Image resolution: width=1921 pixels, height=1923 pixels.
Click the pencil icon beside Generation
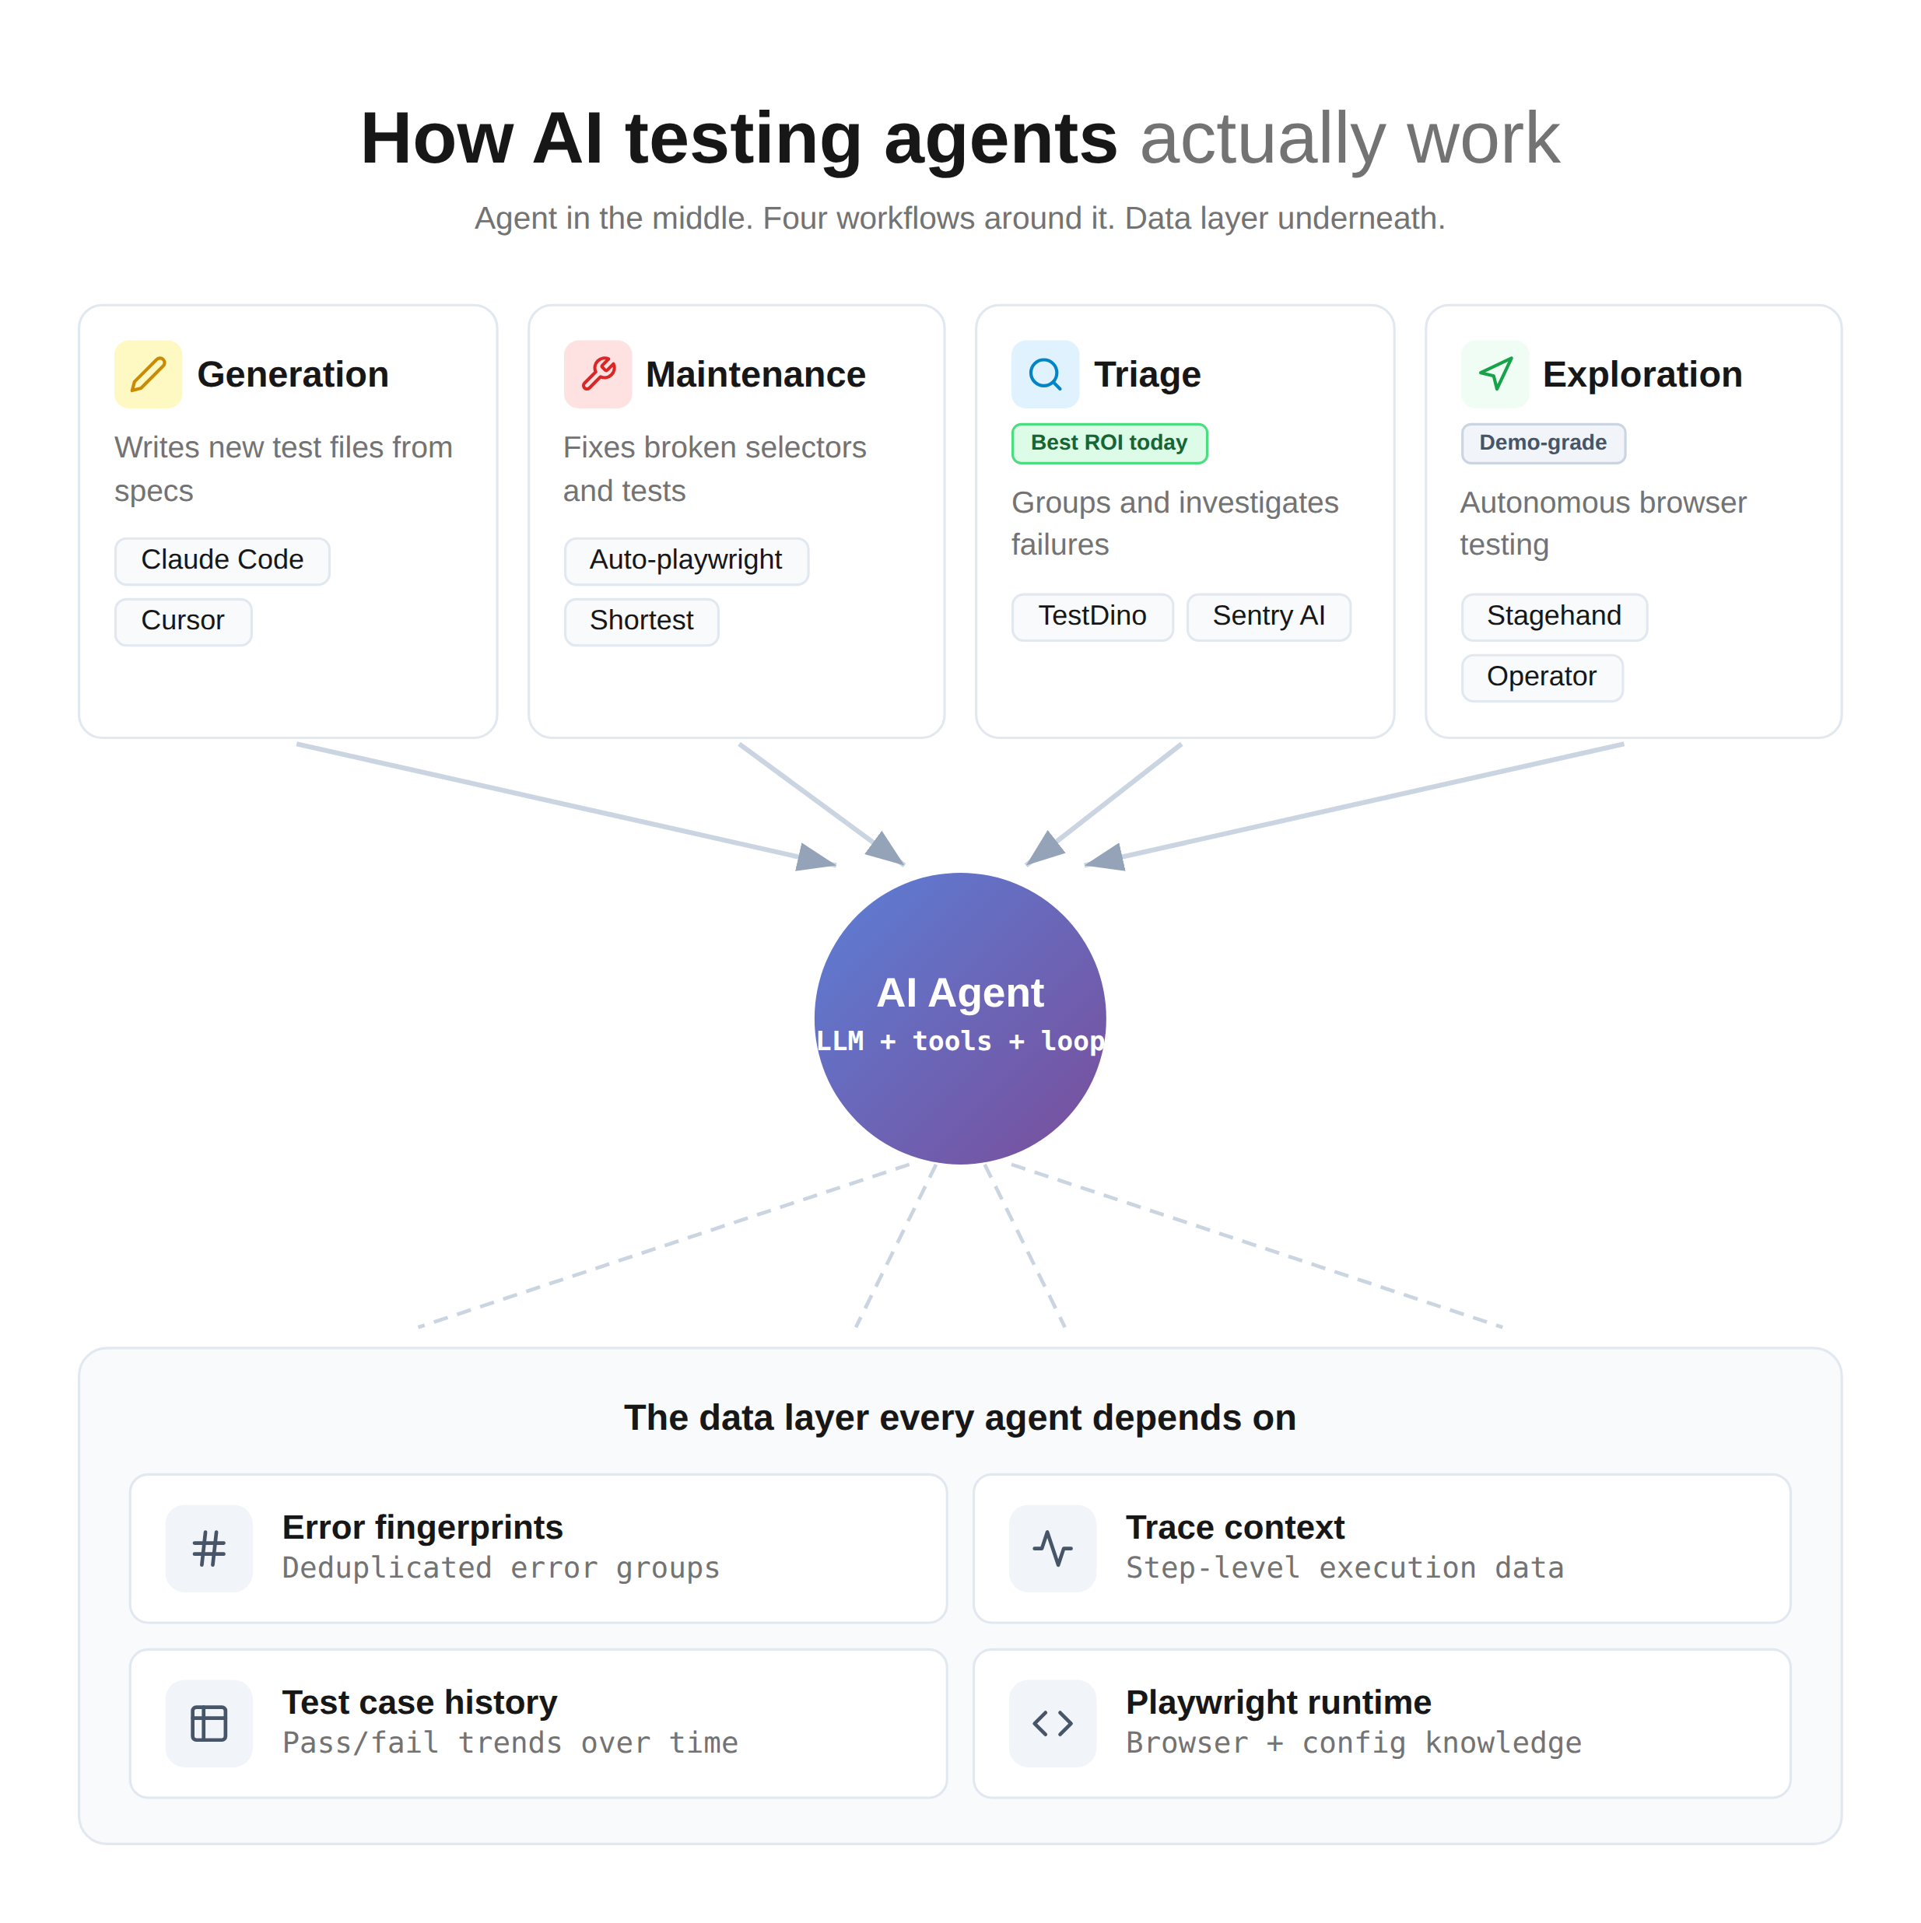pyautogui.click(x=149, y=374)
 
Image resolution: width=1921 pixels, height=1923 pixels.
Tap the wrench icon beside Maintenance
pyautogui.click(x=598, y=374)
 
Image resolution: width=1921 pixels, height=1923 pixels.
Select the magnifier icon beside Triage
pyautogui.click(x=1045, y=374)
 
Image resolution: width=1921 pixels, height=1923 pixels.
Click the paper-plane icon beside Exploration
pyautogui.click(x=1494, y=374)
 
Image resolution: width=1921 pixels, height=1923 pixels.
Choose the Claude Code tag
pyautogui.click(x=222, y=560)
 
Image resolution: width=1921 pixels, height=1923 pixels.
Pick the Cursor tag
pyautogui.click(x=183, y=621)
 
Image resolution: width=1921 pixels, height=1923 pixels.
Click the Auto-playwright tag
pyautogui.click(x=685, y=560)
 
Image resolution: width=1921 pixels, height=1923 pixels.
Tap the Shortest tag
pyautogui.click(x=641, y=621)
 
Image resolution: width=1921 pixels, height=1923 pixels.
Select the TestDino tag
pyautogui.click(x=1092, y=616)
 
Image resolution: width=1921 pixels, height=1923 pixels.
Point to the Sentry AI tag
pyautogui.click(x=1268, y=616)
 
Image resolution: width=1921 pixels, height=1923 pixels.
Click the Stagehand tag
pyautogui.click(x=1553, y=616)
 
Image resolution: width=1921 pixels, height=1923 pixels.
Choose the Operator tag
pyautogui.click(x=1541, y=677)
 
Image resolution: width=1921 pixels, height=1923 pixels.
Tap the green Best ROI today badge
pyautogui.click(x=1109, y=443)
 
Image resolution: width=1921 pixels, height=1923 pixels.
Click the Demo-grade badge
pyautogui.click(x=1543, y=443)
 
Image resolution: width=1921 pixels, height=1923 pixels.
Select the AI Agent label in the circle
pyautogui.click(x=959, y=993)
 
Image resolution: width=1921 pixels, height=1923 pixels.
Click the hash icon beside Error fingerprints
pyautogui.click(x=209, y=1548)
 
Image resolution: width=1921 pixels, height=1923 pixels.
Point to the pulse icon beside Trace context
pyautogui.click(x=1052, y=1548)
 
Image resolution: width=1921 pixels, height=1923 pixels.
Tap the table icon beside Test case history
pyautogui.click(x=209, y=1723)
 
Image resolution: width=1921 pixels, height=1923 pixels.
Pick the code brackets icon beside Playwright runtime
pyautogui.click(x=1052, y=1723)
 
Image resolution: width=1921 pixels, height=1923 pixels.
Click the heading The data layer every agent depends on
pyautogui.click(x=959, y=1417)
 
